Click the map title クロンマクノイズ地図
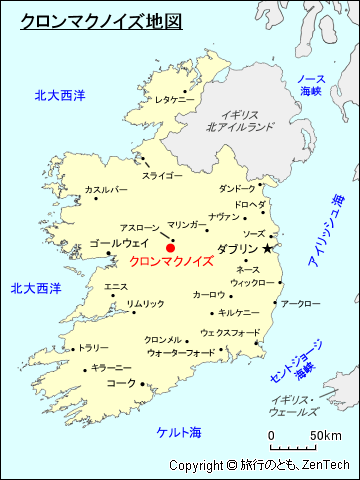point(100,19)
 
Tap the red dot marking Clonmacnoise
point(170,247)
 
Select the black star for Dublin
point(267,247)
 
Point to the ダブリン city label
point(238,249)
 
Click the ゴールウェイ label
point(119,243)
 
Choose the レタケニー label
point(174,100)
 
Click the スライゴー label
point(162,176)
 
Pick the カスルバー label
point(106,189)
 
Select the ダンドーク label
point(237,188)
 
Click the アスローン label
point(139,228)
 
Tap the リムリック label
point(146,304)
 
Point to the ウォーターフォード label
point(180,353)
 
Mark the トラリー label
point(94,348)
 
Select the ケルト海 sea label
point(179,432)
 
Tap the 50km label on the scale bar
point(325,436)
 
